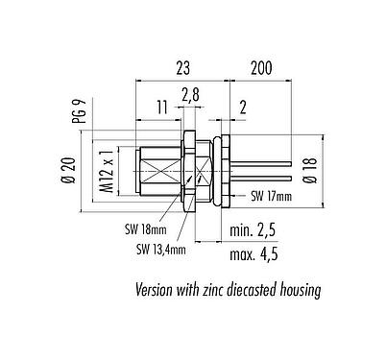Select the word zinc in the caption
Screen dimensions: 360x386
(225, 290)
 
